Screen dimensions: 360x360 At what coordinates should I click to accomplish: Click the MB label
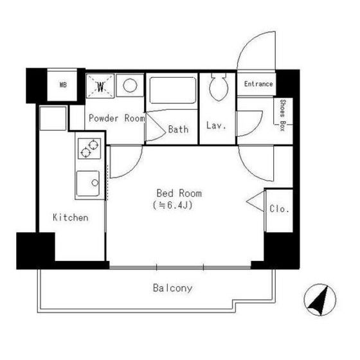pyautogui.click(x=63, y=85)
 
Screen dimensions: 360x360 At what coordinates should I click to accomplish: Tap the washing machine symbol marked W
pyautogui.click(x=100, y=86)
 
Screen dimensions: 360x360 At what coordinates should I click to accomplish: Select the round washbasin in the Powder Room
pyautogui.click(x=130, y=85)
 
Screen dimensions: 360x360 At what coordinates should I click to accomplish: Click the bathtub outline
pyautogui.click(x=173, y=90)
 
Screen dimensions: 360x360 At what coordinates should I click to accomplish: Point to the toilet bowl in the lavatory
pyautogui.click(x=219, y=87)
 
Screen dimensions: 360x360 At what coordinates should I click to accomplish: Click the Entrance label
pyautogui.click(x=258, y=84)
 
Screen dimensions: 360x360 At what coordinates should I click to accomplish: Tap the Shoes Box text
pyautogui.click(x=282, y=115)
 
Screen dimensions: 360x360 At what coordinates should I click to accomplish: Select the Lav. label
pyautogui.click(x=216, y=125)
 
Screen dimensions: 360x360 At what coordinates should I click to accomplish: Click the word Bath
pyautogui.click(x=178, y=129)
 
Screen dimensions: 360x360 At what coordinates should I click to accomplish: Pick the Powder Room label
pyautogui.click(x=117, y=118)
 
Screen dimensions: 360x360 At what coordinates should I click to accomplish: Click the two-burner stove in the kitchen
pyautogui.click(x=89, y=148)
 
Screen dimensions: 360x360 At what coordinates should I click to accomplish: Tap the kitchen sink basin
pyautogui.click(x=88, y=183)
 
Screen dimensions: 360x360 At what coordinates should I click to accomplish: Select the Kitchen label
pyautogui.click(x=71, y=217)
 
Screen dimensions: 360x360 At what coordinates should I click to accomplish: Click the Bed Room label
pyautogui.click(x=179, y=194)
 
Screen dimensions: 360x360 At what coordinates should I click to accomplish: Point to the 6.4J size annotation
pyautogui.click(x=173, y=205)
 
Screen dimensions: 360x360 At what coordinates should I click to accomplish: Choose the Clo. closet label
pyautogui.click(x=279, y=209)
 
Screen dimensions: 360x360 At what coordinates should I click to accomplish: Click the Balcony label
pyautogui.click(x=173, y=288)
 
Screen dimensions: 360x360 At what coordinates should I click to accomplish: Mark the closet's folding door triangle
pyautogui.click(x=255, y=201)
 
